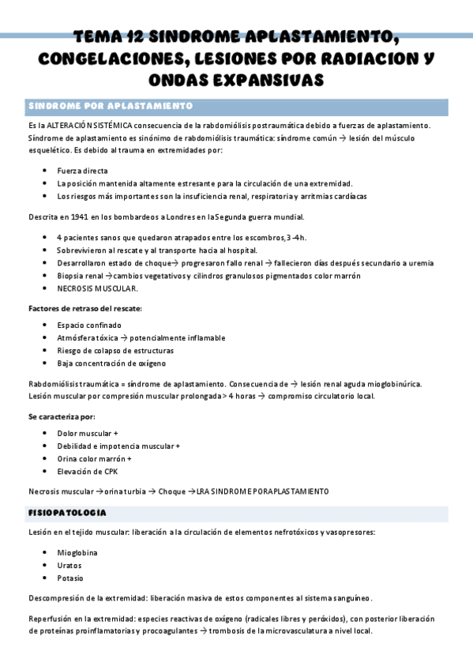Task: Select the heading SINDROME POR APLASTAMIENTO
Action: (x=110, y=106)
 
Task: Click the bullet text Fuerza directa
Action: (x=83, y=171)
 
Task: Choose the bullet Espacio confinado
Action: (x=89, y=325)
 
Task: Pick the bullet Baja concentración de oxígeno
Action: (x=111, y=363)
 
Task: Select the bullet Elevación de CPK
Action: (x=87, y=471)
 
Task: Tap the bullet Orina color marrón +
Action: (x=94, y=458)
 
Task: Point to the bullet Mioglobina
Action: (x=77, y=553)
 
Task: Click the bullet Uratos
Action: (x=69, y=566)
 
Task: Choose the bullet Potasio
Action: (x=70, y=578)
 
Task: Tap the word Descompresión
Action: (x=58, y=598)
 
